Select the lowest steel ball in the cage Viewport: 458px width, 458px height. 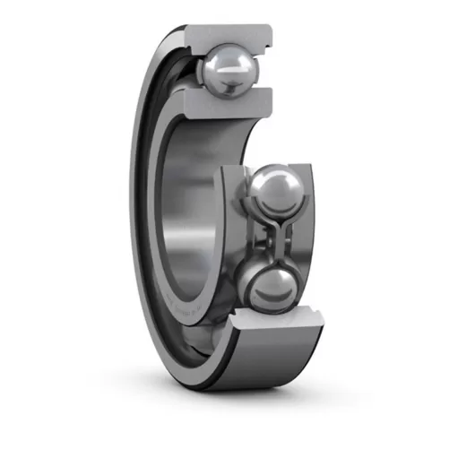pos(272,289)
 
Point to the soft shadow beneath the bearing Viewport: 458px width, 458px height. pos(242,399)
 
